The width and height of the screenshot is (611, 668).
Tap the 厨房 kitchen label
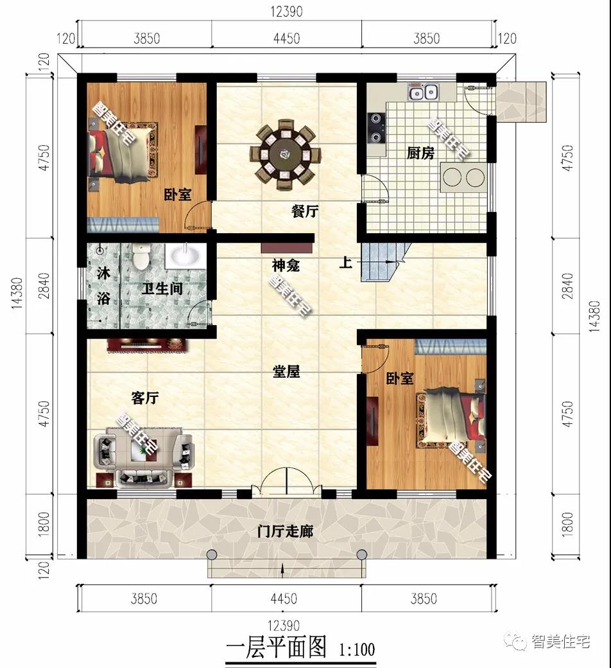click(x=420, y=154)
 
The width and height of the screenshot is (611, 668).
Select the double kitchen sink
click(x=422, y=93)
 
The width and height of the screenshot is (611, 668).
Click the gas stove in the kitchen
click(x=375, y=127)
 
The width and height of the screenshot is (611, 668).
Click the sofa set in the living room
click(x=144, y=456)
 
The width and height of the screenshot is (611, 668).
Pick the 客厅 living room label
click(x=144, y=398)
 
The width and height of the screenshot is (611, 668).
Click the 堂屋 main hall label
click(x=286, y=372)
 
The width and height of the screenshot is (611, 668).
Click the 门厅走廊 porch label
click(x=285, y=532)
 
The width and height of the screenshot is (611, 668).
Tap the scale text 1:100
click(x=356, y=649)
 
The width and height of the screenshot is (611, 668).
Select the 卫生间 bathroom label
click(x=162, y=290)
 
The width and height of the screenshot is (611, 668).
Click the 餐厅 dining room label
click(x=305, y=211)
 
